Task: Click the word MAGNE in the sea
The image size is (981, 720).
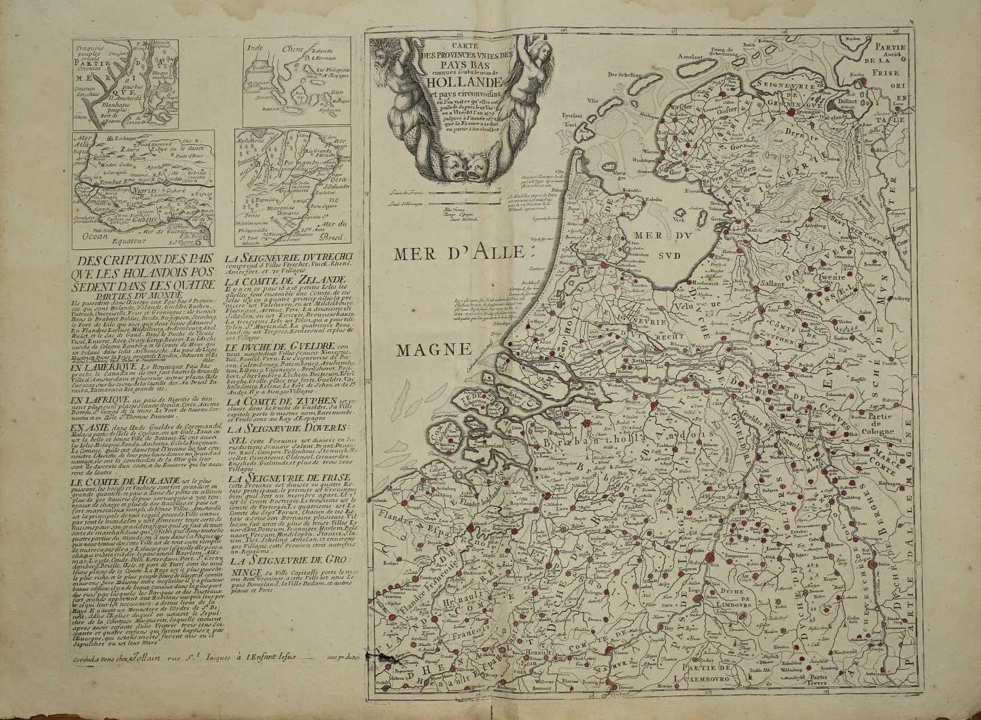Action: pyautogui.click(x=435, y=350)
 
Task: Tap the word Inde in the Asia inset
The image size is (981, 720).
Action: pyautogui.click(x=255, y=48)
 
